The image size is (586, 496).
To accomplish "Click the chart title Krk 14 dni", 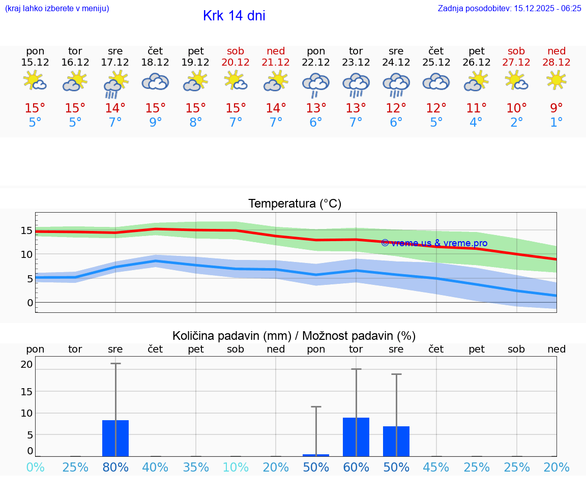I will pyautogui.click(x=234, y=16).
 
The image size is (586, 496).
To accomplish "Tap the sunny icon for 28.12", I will pyautogui.click(x=556, y=80).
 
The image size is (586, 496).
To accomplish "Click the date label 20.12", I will pyautogui.click(x=236, y=63).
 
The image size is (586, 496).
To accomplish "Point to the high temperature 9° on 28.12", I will pyautogui.click(x=556, y=108).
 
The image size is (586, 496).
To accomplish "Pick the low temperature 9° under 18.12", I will pyautogui.click(x=156, y=122).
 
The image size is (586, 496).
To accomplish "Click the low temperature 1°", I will pyautogui.click(x=556, y=122).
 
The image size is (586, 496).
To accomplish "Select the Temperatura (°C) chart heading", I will pyautogui.click(x=295, y=203).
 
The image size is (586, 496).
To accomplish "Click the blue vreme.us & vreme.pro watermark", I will pyautogui.click(x=434, y=243).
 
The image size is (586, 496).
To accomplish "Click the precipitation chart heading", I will pyautogui.click(x=294, y=336).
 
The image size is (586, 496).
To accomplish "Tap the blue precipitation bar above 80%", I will pyautogui.click(x=115, y=438).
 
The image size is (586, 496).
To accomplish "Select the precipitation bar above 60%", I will pyautogui.click(x=356, y=437).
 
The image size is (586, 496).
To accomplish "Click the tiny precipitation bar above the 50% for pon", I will pyautogui.click(x=316, y=455).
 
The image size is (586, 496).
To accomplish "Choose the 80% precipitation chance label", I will pyautogui.click(x=115, y=468).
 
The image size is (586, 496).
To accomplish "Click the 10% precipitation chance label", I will pyautogui.click(x=236, y=468).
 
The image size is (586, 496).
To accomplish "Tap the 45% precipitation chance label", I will pyautogui.click(x=436, y=468).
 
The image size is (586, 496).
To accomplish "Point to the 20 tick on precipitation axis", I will pyautogui.click(x=26, y=364).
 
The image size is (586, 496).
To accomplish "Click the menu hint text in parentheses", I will pyautogui.click(x=57, y=8).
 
